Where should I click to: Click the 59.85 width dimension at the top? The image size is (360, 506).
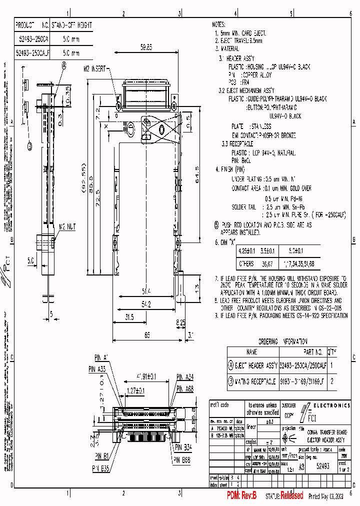click(x=146, y=47)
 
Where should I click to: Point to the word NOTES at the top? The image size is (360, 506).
click(x=219, y=24)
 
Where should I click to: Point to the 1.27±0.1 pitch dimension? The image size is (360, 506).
click(x=135, y=391)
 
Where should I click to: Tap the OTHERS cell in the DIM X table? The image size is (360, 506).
click(x=246, y=263)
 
